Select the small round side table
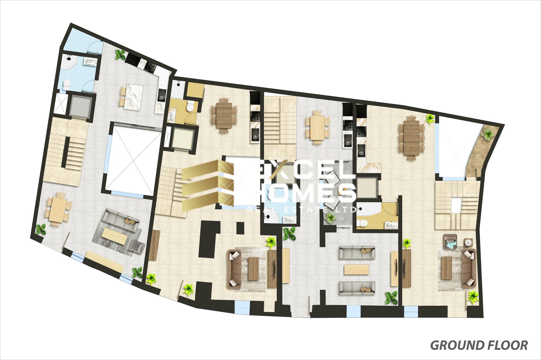click(468, 242)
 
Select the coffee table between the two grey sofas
click(356, 269)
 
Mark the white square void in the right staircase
click(456, 205)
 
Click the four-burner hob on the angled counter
click(149, 67)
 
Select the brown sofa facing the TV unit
click(234, 269)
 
